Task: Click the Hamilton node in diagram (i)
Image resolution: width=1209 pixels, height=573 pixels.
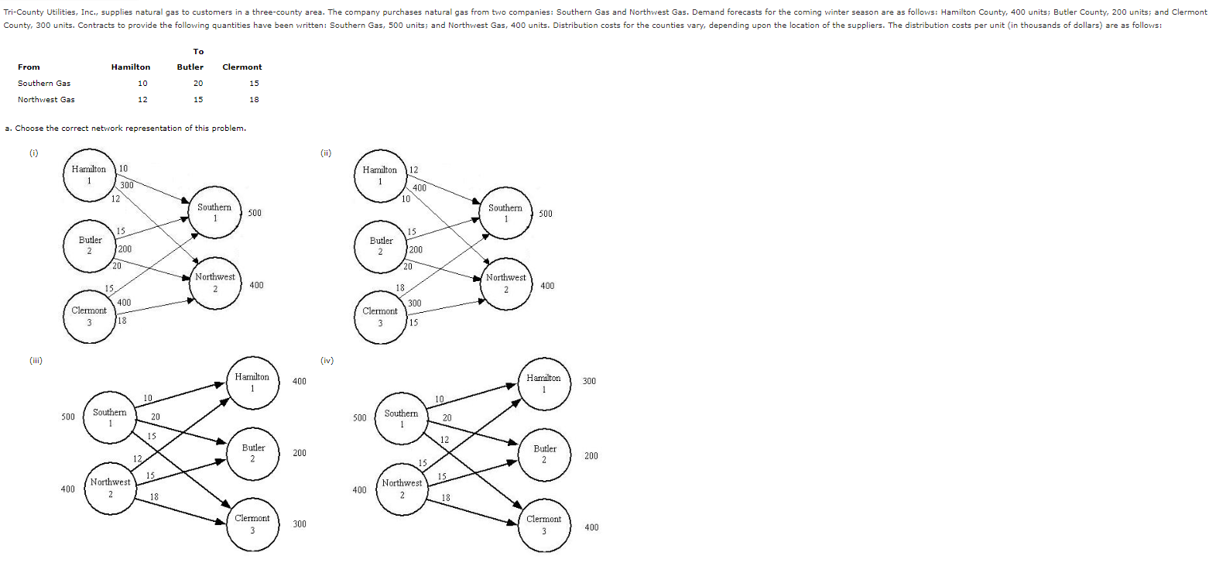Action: coord(89,174)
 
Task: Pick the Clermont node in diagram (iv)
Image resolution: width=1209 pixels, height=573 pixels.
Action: coord(543,524)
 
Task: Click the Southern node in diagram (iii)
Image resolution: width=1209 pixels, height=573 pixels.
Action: coord(110,417)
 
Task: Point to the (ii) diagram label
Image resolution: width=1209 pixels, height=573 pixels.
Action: coord(325,153)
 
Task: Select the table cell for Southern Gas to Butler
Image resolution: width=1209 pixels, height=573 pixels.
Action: coord(198,83)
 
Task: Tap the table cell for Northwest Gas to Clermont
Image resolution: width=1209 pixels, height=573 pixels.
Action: coord(254,99)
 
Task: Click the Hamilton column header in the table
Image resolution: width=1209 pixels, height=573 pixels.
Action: coord(131,67)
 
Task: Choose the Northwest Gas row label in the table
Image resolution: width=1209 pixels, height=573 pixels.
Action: coord(46,99)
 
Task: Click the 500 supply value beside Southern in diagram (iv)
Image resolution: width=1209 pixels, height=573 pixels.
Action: coord(359,418)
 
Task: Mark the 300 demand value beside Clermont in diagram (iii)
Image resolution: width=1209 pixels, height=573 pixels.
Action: coord(300,524)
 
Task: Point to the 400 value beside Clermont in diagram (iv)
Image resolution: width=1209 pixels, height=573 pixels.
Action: coord(591,527)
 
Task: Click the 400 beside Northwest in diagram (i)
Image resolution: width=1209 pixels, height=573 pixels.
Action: coord(256,285)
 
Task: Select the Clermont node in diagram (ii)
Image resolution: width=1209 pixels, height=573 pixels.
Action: coord(380,316)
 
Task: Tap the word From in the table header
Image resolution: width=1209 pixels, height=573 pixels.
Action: coord(29,67)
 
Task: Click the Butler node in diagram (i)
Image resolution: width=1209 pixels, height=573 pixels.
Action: coord(90,245)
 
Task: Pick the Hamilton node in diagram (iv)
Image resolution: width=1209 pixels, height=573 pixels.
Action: coord(543,383)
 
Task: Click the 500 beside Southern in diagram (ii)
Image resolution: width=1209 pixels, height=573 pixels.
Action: coord(545,213)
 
